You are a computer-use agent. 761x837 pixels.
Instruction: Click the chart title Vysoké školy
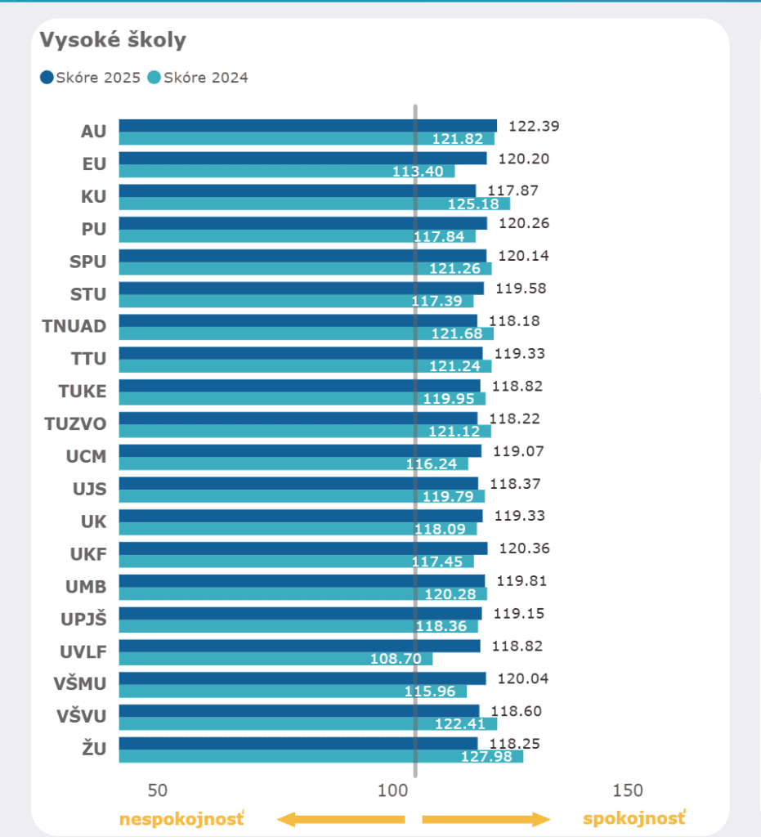click(x=114, y=40)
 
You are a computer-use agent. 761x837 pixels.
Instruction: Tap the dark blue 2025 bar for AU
click(x=307, y=126)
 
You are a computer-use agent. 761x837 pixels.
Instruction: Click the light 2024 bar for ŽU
click(x=320, y=757)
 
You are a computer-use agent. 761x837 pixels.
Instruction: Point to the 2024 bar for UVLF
click(x=275, y=659)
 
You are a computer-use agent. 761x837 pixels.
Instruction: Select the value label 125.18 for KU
click(x=473, y=204)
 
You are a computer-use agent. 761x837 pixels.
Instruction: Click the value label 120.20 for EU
click(x=523, y=159)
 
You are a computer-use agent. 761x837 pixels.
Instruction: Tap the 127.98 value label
click(x=486, y=757)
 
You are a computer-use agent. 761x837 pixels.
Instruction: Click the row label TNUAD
click(x=74, y=326)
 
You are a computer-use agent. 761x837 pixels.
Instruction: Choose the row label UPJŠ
click(x=83, y=619)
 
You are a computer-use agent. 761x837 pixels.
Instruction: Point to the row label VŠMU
click(x=80, y=684)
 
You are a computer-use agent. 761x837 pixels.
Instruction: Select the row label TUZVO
click(x=75, y=423)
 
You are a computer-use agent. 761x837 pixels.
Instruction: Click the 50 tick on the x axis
click(x=158, y=790)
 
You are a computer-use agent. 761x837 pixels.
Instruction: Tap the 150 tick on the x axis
click(x=628, y=790)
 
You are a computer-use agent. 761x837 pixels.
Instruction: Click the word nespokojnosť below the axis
click(x=181, y=819)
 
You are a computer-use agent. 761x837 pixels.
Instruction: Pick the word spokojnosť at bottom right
click(x=634, y=819)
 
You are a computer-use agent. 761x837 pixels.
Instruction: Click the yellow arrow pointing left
click(x=341, y=819)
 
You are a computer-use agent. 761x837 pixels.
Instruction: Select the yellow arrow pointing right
click(x=486, y=819)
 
